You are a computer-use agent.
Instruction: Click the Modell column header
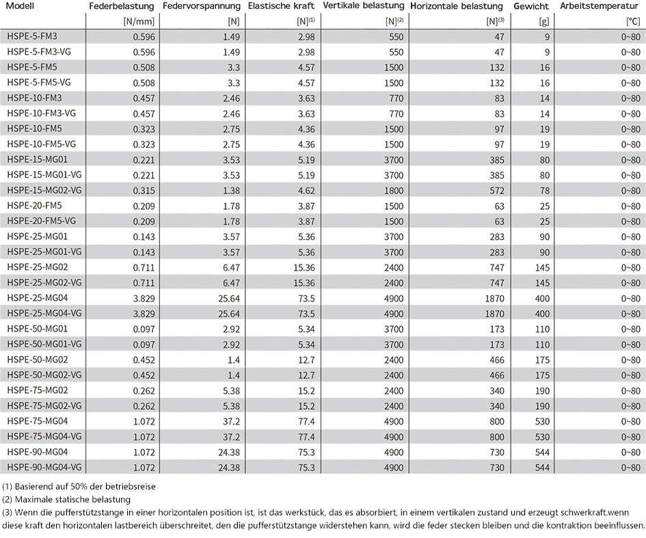[x=21, y=6]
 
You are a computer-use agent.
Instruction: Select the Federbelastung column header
[x=122, y=7]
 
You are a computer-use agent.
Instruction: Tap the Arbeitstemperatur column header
[x=599, y=6]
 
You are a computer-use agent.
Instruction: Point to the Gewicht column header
[x=531, y=7]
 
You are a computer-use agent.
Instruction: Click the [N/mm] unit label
[x=139, y=21]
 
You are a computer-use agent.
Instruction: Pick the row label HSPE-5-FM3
[x=32, y=37]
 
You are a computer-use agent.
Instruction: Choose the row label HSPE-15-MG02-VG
[x=44, y=190]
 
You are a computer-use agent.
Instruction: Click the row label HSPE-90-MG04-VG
[x=44, y=467]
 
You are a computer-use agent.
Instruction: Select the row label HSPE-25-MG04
[x=38, y=298]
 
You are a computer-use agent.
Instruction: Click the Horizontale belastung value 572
[x=497, y=191]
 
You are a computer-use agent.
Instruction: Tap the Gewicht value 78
[x=545, y=191]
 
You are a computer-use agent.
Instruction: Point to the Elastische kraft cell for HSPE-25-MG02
[x=304, y=268]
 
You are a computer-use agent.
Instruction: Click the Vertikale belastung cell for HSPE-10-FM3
[x=396, y=98]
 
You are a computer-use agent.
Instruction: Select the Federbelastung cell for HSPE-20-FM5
[x=144, y=206]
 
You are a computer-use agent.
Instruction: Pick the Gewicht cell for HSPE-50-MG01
[x=542, y=329]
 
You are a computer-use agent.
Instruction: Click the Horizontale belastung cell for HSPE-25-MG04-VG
[x=494, y=314]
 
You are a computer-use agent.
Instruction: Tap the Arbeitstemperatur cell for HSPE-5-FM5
[x=631, y=68]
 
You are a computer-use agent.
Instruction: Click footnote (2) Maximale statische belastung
[x=66, y=500]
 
